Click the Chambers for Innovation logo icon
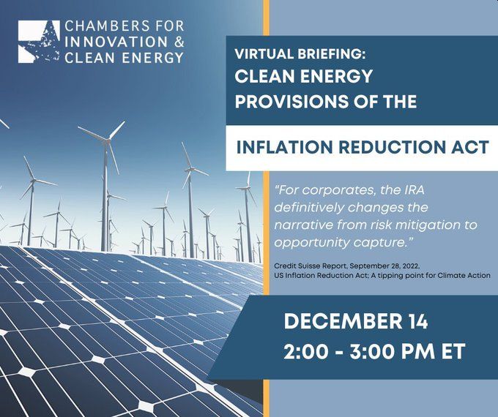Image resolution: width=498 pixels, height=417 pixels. coord(39,42)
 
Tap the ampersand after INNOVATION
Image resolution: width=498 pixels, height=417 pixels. coord(179,42)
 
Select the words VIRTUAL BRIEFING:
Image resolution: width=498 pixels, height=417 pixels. coord(300,54)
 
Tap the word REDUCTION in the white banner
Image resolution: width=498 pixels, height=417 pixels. coord(391,147)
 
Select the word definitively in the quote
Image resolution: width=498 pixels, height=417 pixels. coord(309,208)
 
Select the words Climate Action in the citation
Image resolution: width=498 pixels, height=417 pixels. coord(464,276)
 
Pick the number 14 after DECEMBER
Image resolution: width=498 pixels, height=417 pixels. coord(417,321)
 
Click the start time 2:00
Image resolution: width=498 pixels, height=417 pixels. coord(305,351)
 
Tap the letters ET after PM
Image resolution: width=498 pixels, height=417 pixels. coord(453,351)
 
